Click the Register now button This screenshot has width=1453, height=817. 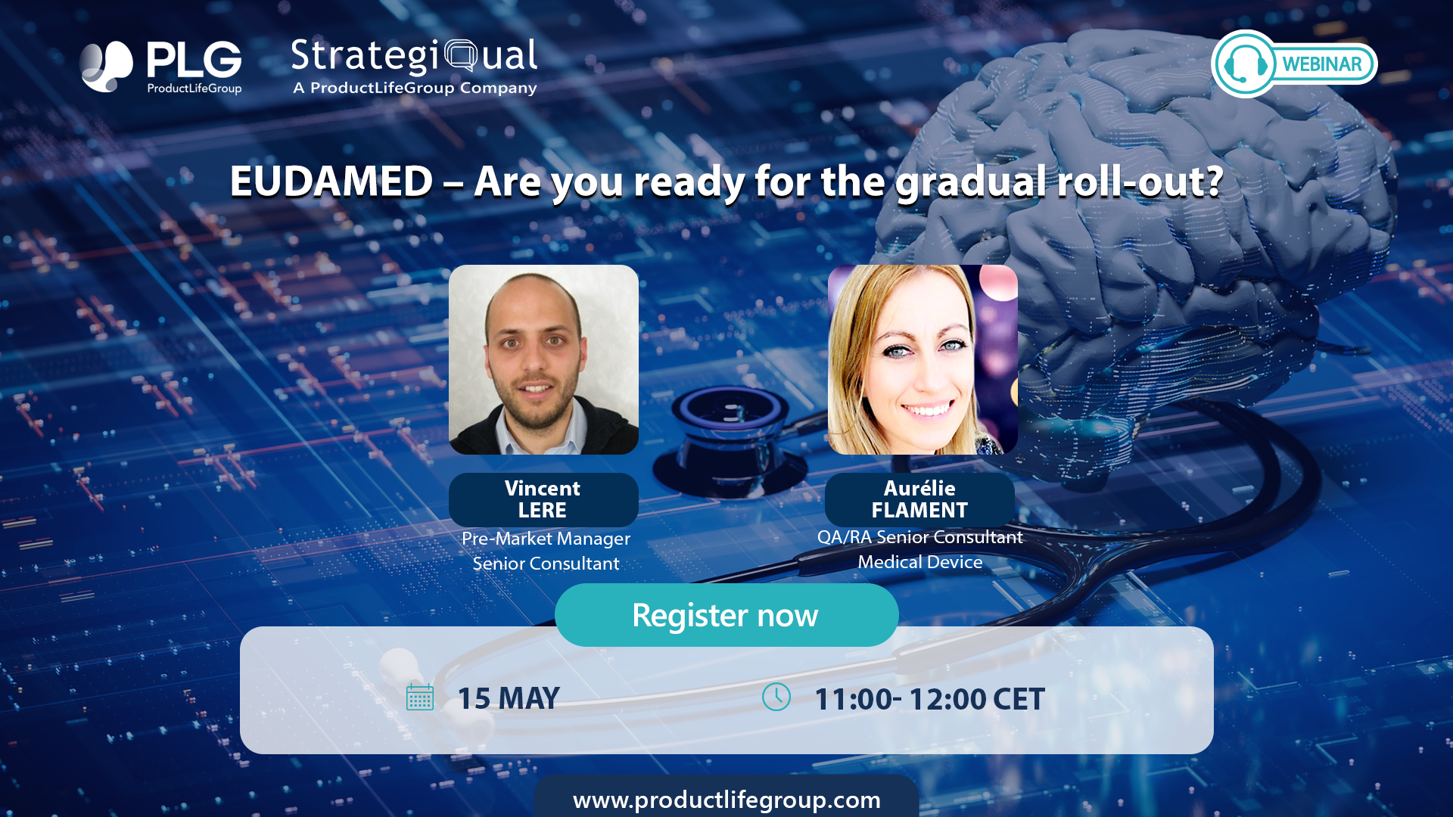(x=726, y=615)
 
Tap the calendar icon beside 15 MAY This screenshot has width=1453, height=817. (x=420, y=697)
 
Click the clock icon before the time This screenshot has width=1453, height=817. (x=776, y=697)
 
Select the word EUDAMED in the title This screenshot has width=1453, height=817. (x=331, y=182)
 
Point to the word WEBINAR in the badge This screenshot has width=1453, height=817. (x=1322, y=64)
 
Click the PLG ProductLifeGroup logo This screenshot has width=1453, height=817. (x=161, y=67)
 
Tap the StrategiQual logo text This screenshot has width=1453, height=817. (x=415, y=56)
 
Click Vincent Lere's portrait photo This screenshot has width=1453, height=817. (x=543, y=359)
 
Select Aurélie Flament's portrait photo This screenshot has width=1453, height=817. (x=923, y=359)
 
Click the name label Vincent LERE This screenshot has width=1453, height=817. (x=543, y=499)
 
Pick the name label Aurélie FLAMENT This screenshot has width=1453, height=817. (x=919, y=499)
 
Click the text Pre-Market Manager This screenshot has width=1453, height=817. (x=546, y=539)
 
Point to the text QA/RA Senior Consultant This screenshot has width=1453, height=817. (x=920, y=537)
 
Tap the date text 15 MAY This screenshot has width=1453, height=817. (x=509, y=698)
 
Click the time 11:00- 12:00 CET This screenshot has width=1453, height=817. (x=929, y=699)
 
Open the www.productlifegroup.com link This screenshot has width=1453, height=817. (x=726, y=800)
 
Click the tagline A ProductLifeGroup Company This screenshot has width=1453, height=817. (x=415, y=88)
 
